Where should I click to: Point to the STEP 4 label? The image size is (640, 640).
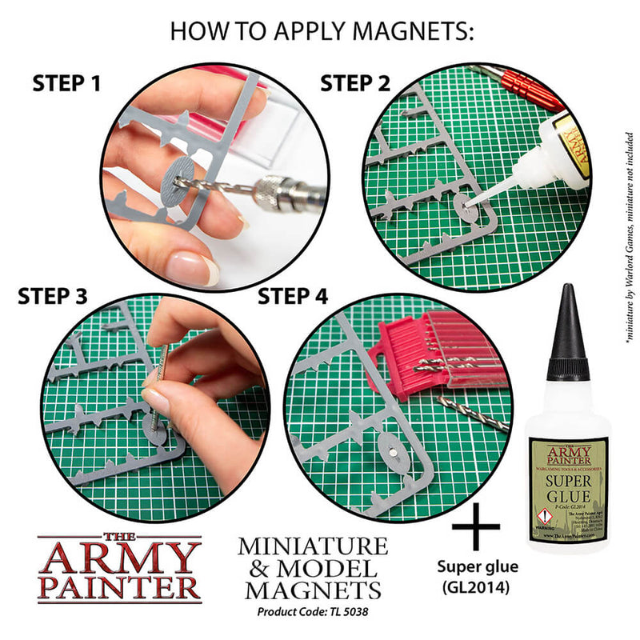293,297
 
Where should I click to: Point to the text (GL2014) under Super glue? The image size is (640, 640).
477,588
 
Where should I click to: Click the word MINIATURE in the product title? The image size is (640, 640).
312,547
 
